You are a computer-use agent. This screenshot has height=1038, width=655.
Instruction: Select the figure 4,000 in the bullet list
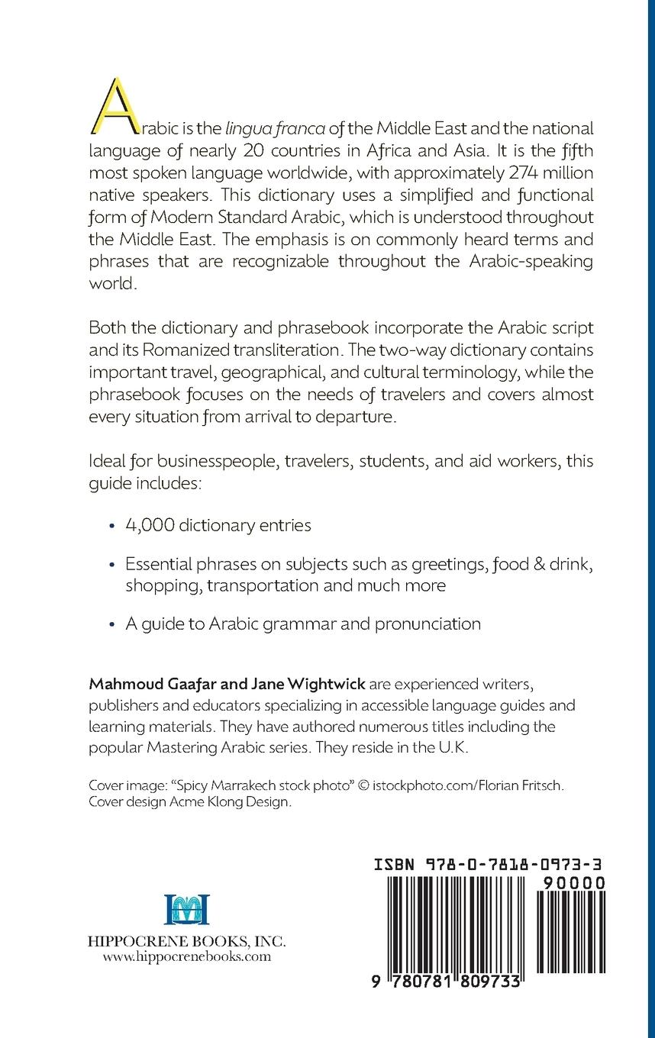(150, 525)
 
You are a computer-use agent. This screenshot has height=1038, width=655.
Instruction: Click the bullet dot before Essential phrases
(112, 566)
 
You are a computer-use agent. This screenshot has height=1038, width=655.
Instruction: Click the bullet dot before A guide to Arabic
(112, 624)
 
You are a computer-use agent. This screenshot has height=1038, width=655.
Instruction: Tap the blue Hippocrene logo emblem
(186, 910)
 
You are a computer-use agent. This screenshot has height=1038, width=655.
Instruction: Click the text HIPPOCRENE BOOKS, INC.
(186, 941)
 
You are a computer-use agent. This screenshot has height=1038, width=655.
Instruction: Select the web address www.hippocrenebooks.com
(186, 956)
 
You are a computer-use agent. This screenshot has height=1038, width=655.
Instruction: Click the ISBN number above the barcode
(490, 865)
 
